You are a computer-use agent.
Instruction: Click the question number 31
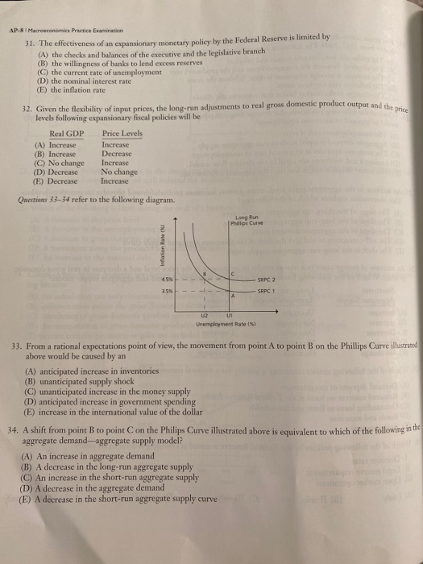[x=29, y=44]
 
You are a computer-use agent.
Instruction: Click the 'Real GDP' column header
[x=67, y=133]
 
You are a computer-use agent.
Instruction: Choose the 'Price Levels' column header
[x=122, y=133]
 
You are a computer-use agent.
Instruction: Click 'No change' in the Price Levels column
[x=118, y=172]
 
